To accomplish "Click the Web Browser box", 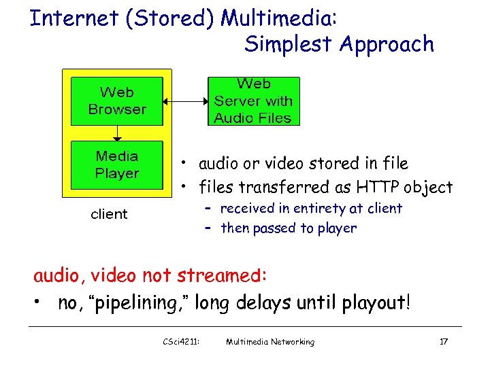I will pos(117,101).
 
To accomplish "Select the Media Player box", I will pos(117,165).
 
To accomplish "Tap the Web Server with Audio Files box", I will pos(252,101).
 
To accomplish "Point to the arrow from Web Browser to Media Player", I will pos(117,133).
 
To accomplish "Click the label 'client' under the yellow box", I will pos(109,215).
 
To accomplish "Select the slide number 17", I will pos(443,342).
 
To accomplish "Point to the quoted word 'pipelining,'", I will pos(136,303).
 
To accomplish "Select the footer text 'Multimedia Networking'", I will pos(270,342).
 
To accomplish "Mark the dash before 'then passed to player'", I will pos(208,228).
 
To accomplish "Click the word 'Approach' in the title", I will pos(386,44).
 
